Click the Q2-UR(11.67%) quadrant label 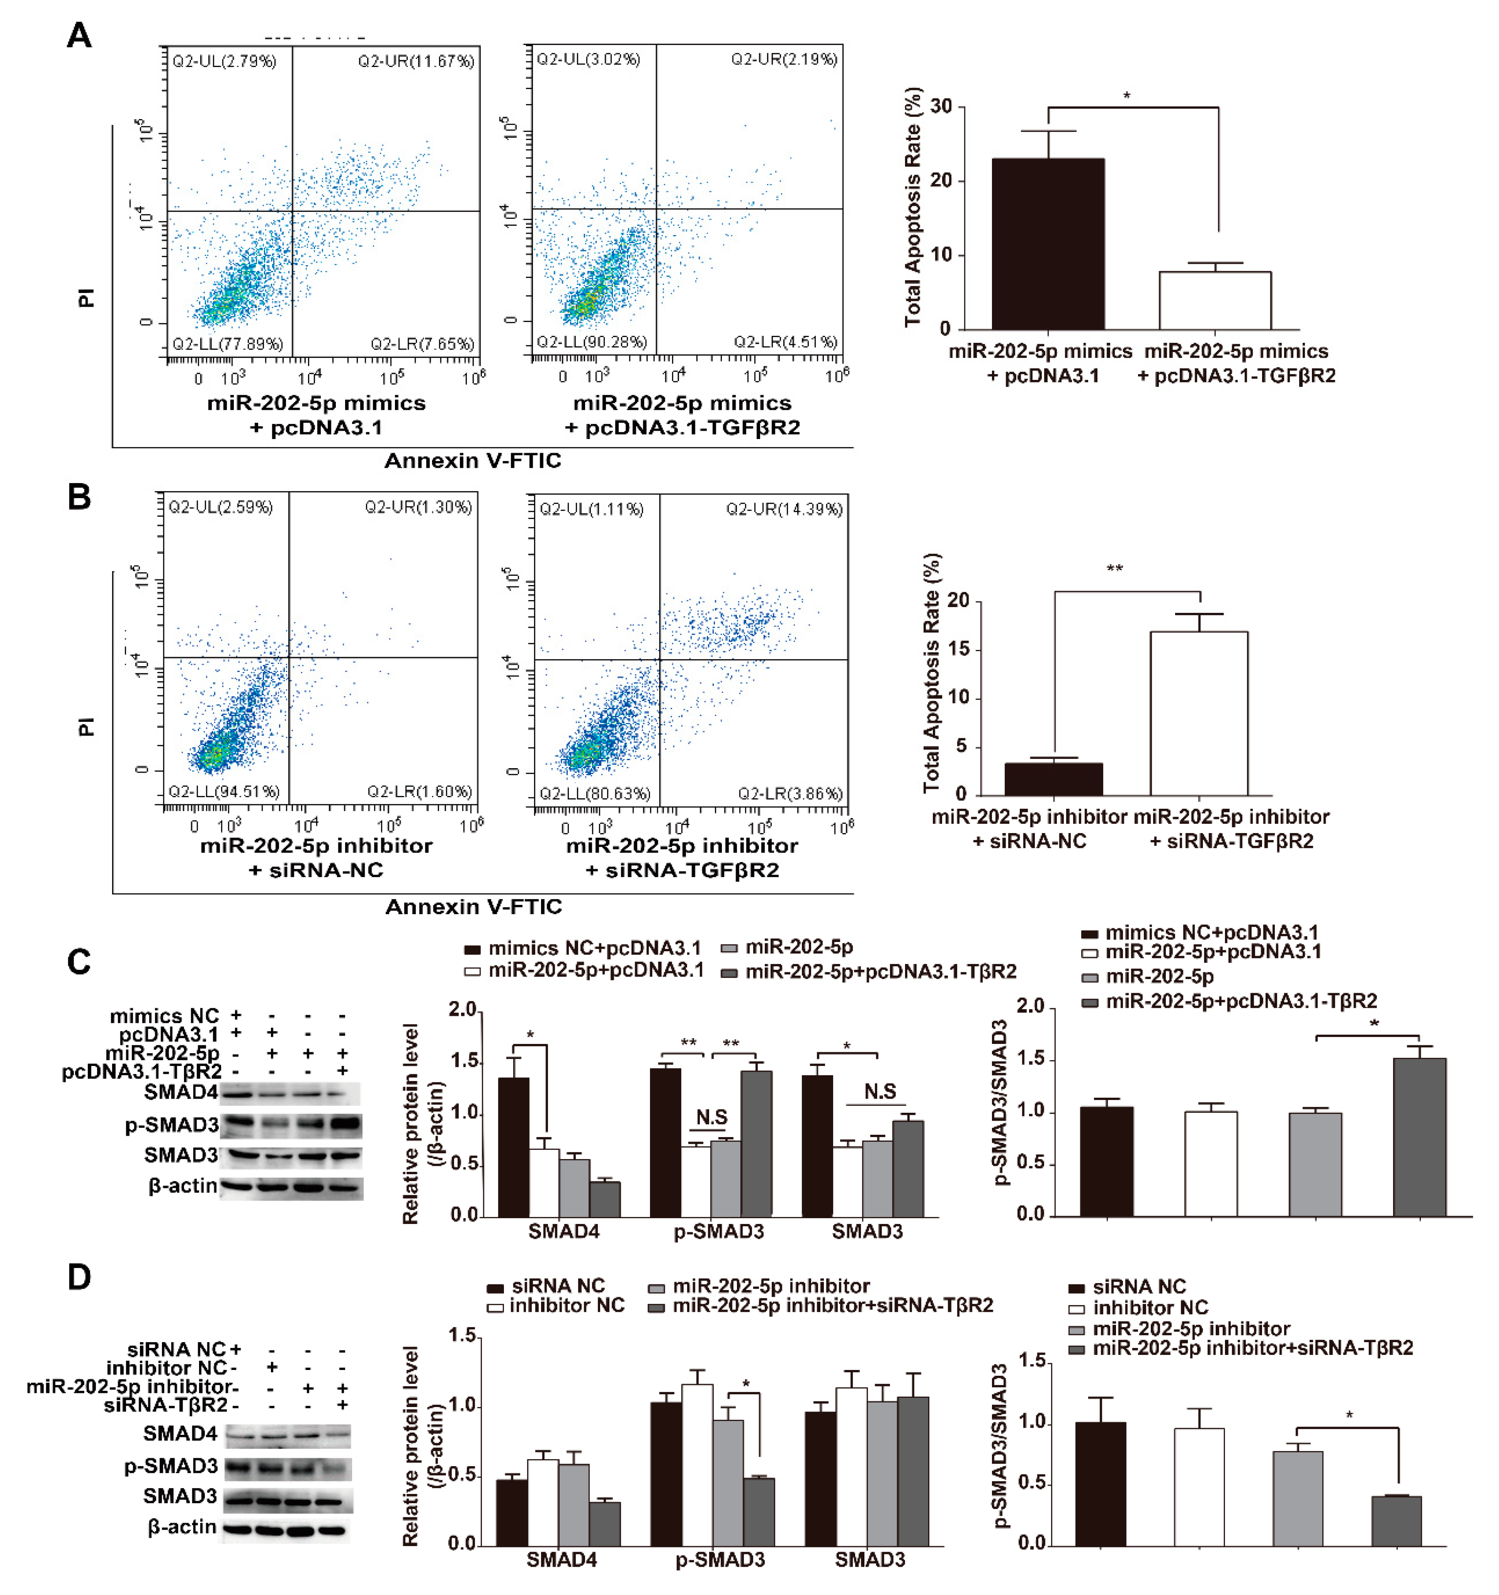(x=416, y=61)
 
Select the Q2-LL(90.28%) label (x=591, y=342)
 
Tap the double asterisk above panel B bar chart (x=1115, y=569)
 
